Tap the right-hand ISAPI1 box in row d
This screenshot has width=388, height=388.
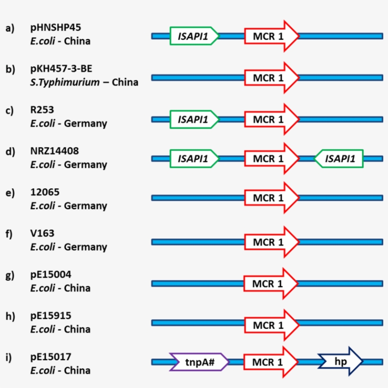point(339,159)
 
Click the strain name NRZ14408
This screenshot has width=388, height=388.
point(54,151)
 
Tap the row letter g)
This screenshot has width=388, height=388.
point(10,275)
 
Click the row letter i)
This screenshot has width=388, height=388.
point(9,357)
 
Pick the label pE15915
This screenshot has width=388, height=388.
point(51,316)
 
